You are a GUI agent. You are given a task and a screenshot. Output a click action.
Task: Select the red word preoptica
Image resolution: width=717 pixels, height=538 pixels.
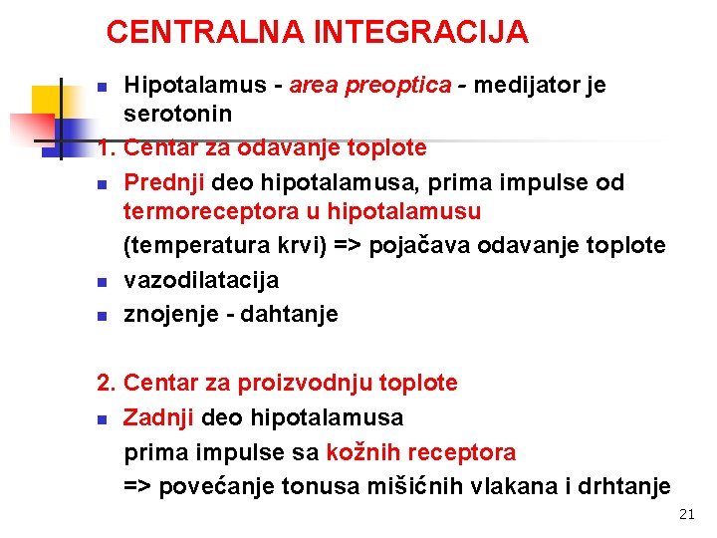397,86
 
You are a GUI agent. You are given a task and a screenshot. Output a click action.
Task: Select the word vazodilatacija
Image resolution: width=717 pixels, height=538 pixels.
201,280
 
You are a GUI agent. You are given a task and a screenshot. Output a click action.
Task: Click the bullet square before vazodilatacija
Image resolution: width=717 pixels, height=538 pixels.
102,282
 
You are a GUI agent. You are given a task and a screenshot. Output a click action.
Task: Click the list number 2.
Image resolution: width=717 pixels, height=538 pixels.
106,383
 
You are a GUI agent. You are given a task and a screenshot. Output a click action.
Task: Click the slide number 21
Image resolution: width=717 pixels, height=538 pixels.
686,515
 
